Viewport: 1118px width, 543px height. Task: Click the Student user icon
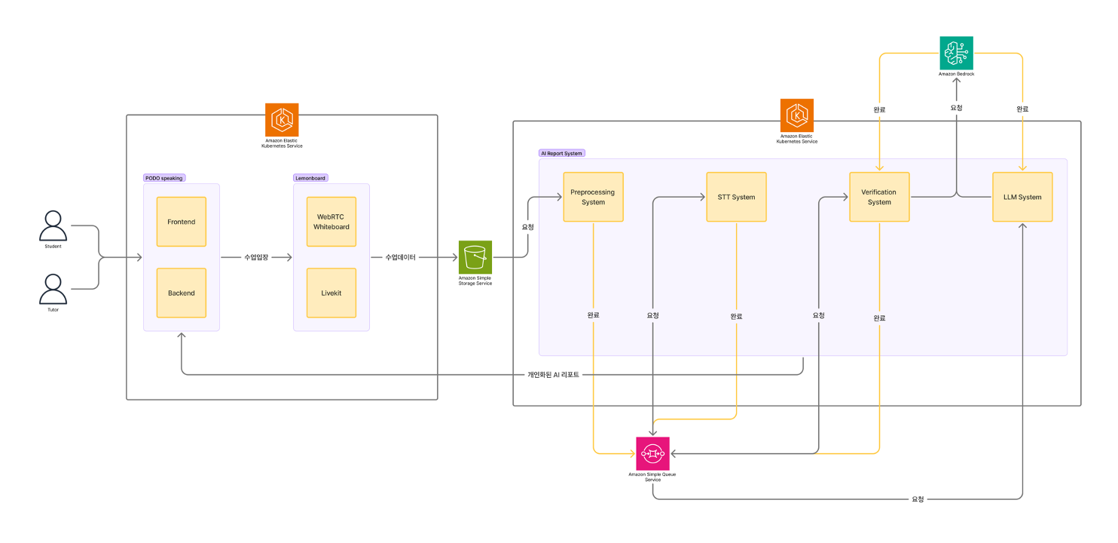[x=53, y=225]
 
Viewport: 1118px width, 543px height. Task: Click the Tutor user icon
[x=53, y=289]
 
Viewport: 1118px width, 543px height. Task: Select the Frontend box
[x=182, y=222]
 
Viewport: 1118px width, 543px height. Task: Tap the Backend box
[x=182, y=293]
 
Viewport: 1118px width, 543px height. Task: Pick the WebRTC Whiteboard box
[x=331, y=222]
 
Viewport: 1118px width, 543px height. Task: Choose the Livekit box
[x=331, y=293]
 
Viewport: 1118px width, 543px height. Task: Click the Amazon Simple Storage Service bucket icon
[x=475, y=257]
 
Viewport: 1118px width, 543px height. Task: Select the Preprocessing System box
[x=593, y=197]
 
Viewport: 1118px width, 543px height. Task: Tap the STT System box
[x=736, y=197]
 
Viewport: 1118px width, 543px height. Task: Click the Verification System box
[x=879, y=197]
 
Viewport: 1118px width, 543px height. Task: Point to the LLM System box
[x=1022, y=197]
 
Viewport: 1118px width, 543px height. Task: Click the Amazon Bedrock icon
[x=956, y=53]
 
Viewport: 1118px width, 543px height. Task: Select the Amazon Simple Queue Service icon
[x=652, y=453]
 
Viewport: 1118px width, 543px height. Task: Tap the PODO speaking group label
[x=164, y=178]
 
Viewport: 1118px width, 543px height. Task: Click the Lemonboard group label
[x=311, y=178]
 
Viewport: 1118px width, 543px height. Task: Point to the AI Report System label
[x=562, y=153]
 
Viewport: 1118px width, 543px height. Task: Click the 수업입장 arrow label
[x=256, y=257]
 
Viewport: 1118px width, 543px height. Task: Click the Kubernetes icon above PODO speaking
[x=283, y=120]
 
